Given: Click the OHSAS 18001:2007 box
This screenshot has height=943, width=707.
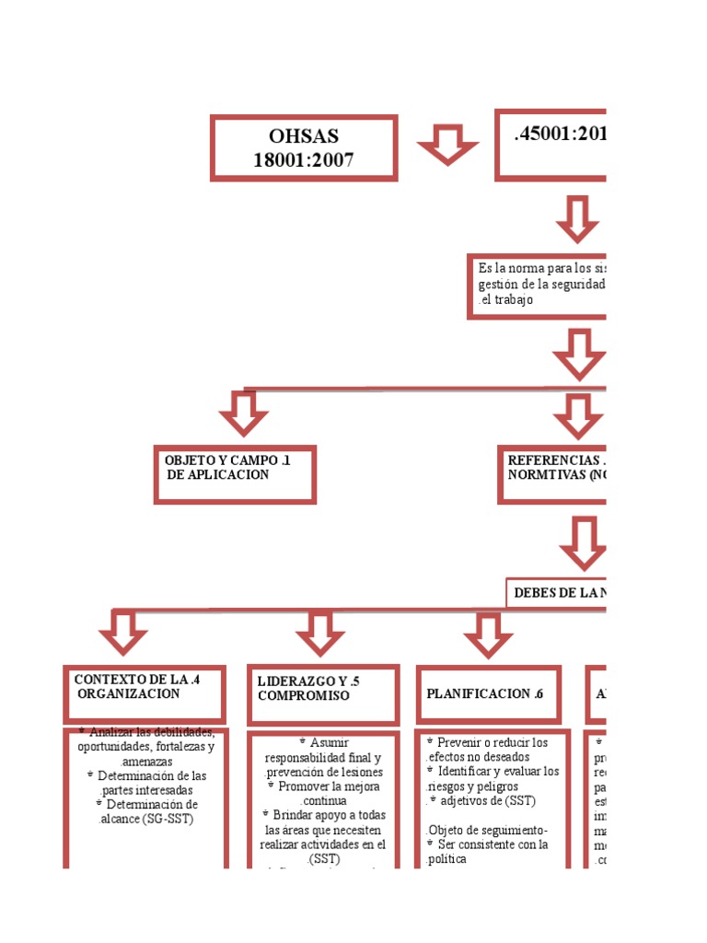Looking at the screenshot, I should [x=304, y=147].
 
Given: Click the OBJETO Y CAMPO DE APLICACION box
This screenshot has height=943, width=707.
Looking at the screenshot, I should [x=235, y=474].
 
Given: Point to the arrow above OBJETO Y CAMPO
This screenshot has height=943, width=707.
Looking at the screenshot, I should [x=244, y=413].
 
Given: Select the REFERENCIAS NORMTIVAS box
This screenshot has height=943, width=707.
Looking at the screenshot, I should [x=552, y=474].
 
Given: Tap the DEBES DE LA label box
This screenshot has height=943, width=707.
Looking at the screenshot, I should [x=557, y=593].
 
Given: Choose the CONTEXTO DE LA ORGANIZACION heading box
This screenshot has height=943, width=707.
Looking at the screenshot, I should [x=144, y=693].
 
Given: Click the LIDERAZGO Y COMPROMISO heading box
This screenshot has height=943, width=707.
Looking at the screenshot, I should [x=322, y=694].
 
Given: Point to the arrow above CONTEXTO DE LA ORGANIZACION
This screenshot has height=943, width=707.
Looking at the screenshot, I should [x=123, y=632].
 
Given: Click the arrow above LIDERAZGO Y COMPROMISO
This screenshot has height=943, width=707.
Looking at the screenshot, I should [x=320, y=634].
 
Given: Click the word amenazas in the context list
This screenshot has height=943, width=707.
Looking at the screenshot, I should [x=146, y=760].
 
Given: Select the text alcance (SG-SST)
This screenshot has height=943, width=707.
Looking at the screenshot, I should [x=148, y=819].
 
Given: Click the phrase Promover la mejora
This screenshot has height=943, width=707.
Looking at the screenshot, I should [x=323, y=786].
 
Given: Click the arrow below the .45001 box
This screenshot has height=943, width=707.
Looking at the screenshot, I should [x=577, y=218].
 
